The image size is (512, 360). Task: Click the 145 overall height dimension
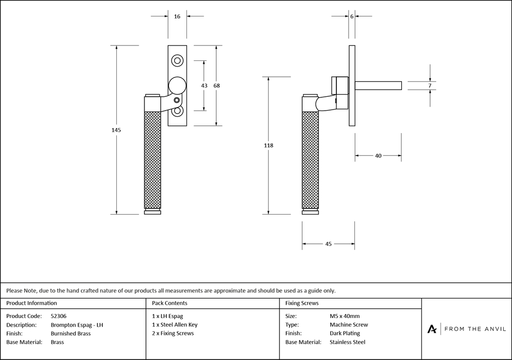click(x=116, y=130)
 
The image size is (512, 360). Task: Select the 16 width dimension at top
click(x=177, y=16)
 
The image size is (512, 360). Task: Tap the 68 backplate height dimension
click(x=217, y=86)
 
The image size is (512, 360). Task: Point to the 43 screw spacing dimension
click(x=204, y=86)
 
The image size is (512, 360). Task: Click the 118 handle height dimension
click(x=268, y=145)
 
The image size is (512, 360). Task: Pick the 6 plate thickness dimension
click(x=352, y=16)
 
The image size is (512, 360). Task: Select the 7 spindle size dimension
click(x=430, y=86)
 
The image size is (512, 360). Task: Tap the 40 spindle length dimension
click(x=378, y=156)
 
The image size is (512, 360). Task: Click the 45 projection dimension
click(x=329, y=244)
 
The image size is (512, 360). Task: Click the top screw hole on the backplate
click(x=177, y=61)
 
